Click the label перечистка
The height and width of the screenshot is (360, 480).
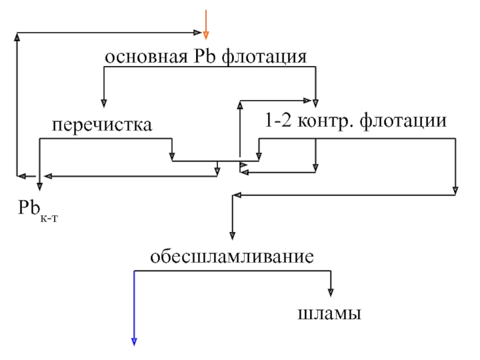[101, 125]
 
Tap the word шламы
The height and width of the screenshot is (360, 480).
[329, 313]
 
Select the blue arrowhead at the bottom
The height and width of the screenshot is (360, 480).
[134, 342]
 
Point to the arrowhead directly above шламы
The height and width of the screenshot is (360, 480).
[330, 292]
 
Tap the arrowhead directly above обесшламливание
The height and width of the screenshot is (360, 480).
[232, 236]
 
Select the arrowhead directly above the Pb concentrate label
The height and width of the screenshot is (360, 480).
[39, 187]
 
